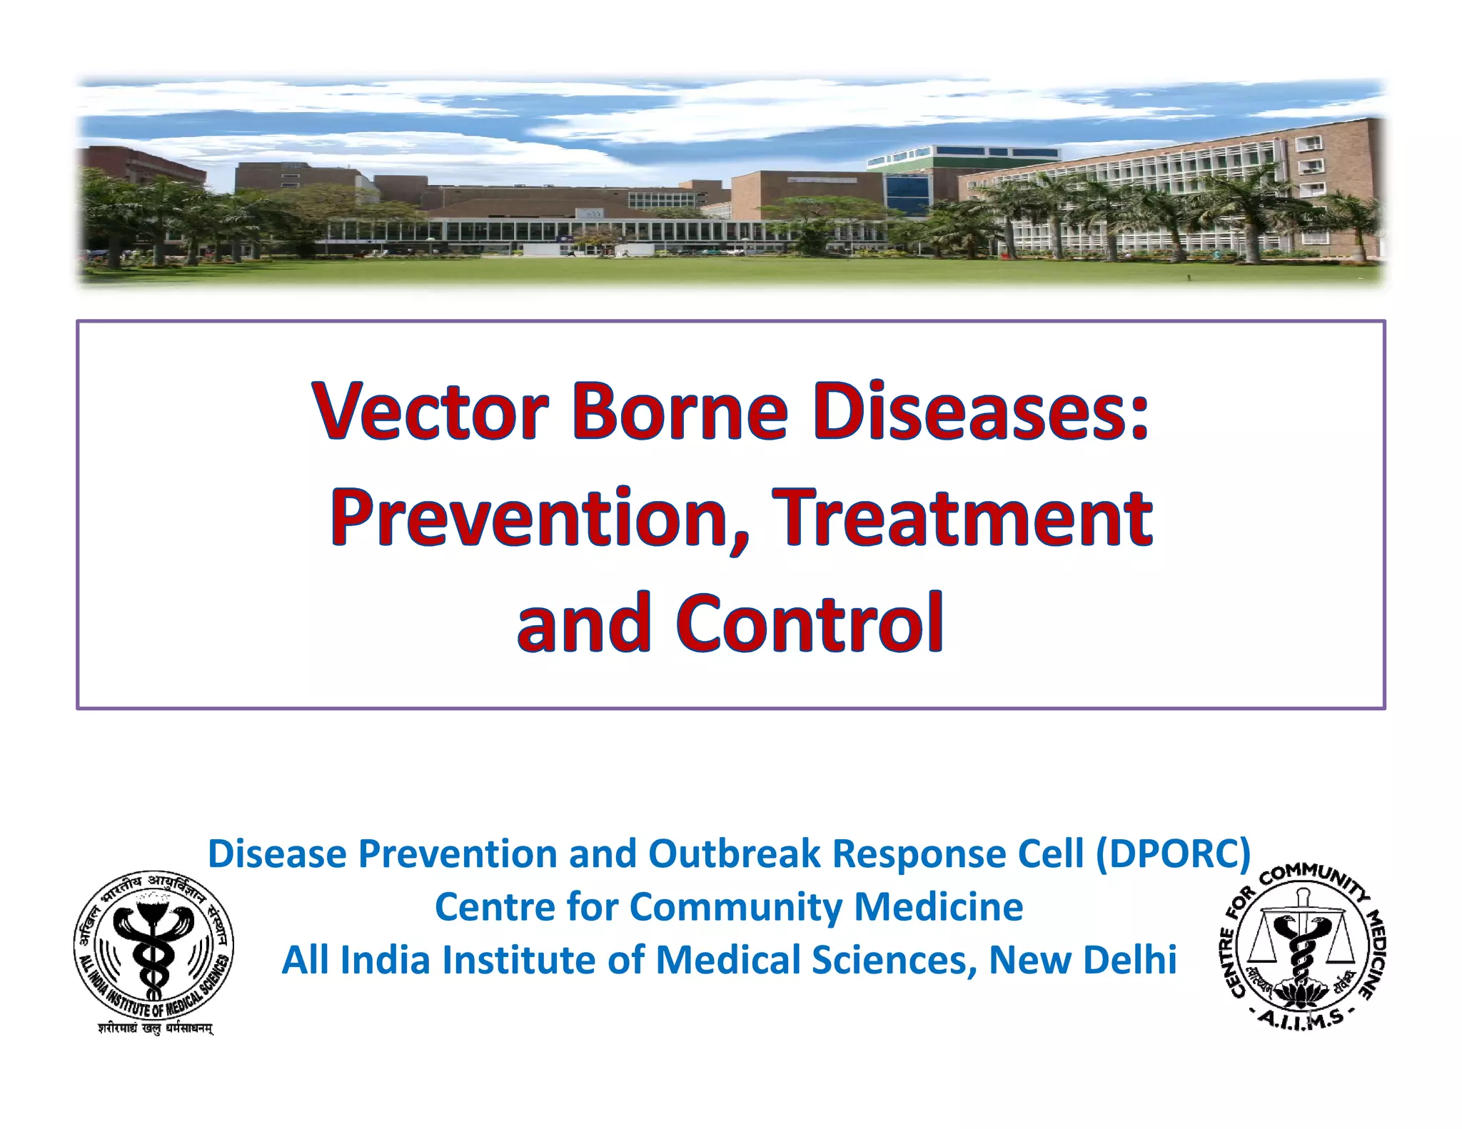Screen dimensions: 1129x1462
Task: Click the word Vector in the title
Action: (x=430, y=412)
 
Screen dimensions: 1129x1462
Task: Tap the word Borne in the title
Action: (x=680, y=412)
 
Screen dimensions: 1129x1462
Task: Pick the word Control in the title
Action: (x=810, y=623)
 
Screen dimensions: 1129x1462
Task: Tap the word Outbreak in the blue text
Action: (x=735, y=854)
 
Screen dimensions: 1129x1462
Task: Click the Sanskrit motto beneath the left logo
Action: (x=155, y=1028)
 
